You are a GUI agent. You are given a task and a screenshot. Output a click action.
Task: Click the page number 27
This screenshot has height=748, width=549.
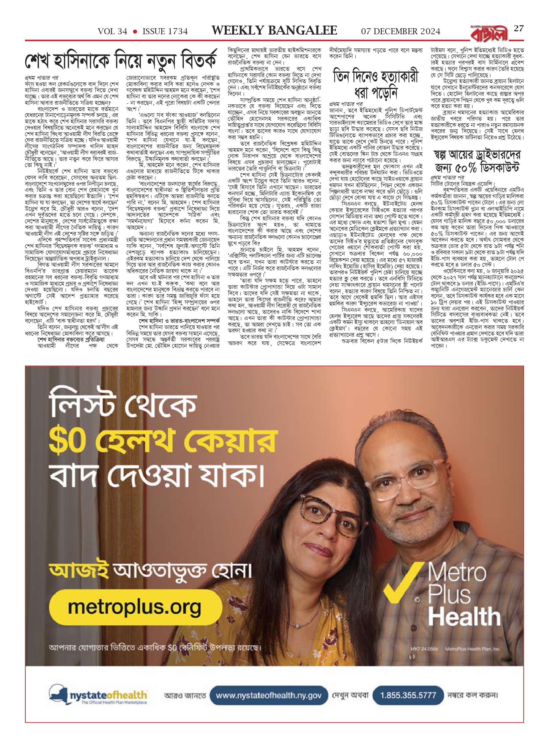click(x=519, y=29)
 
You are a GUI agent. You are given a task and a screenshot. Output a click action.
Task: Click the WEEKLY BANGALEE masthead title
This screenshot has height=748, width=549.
click(x=274, y=31)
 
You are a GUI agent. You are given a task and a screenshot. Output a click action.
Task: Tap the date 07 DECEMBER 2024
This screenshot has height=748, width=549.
click(x=401, y=32)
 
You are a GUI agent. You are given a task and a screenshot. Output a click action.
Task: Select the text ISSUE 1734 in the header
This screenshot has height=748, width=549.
click(x=165, y=32)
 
